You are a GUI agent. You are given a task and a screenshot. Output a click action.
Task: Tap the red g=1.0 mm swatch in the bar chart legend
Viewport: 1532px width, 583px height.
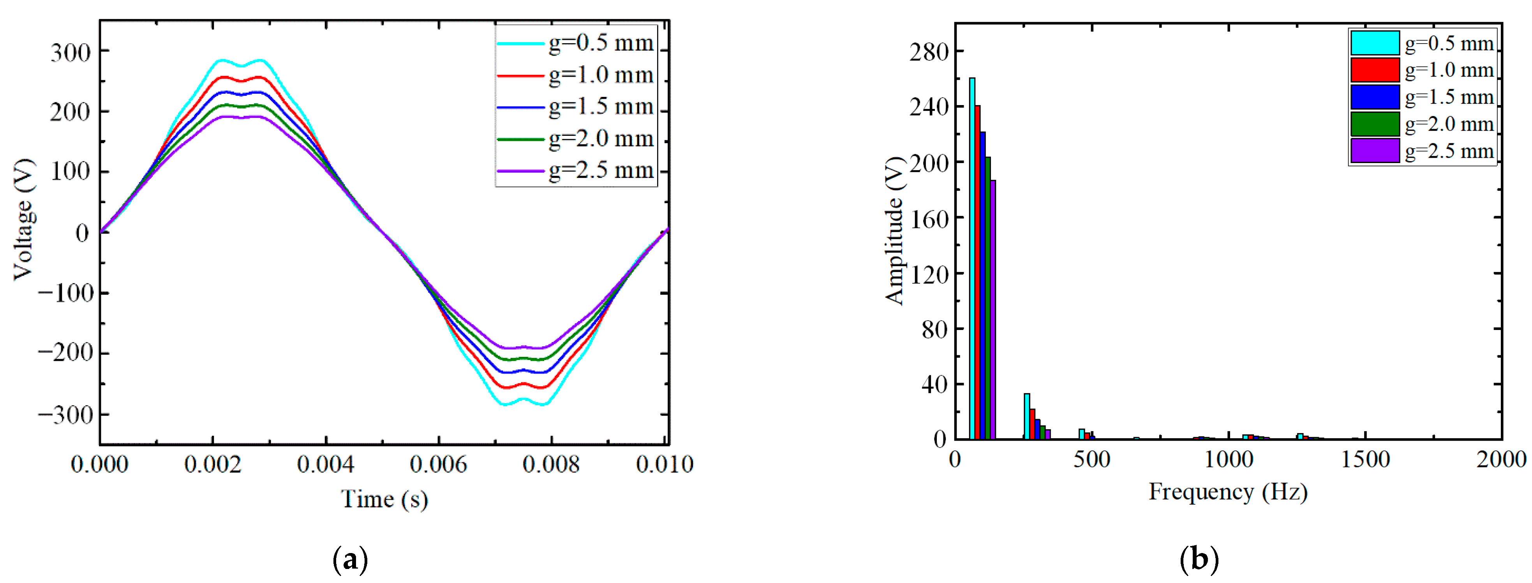(x=1374, y=70)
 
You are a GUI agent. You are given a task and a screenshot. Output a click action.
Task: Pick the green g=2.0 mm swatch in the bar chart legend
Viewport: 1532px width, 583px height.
(x=1374, y=124)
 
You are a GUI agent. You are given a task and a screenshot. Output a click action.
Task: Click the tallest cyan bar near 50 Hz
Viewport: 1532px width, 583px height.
(x=972, y=258)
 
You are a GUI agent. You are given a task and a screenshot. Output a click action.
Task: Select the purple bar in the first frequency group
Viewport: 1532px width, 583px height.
(x=993, y=309)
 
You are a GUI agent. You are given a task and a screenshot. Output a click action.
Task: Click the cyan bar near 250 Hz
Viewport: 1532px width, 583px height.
(x=1026, y=416)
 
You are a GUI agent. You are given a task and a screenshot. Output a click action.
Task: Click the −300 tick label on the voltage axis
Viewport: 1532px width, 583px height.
(x=65, y=414)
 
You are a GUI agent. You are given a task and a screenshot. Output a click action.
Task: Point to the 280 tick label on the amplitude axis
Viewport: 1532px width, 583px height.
(x=928, y=52)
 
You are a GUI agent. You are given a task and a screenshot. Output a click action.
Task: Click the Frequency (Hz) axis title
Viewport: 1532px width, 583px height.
(x=1227, y=492)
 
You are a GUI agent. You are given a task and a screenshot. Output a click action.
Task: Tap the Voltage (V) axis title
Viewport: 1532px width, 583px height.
(x=24, y=219)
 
